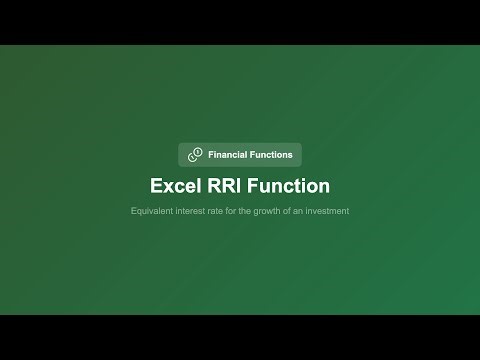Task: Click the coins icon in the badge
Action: coord(194,155)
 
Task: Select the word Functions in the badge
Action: coord(271,155)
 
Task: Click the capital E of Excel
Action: coord(156,186)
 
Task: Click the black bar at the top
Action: coord(240,22)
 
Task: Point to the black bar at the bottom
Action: coord(240,337)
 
